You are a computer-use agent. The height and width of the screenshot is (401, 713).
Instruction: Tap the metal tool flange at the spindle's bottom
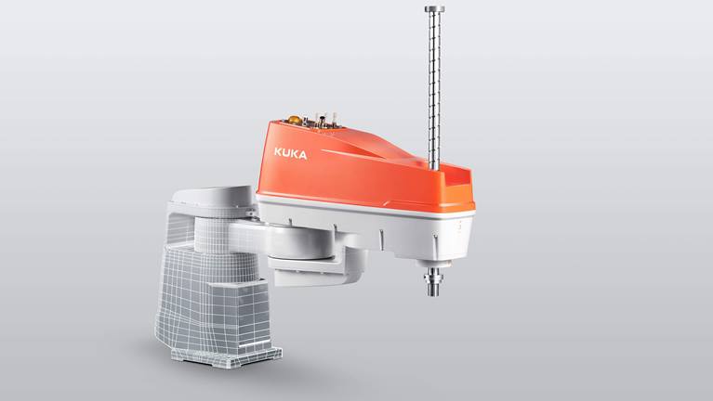(433, 279)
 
